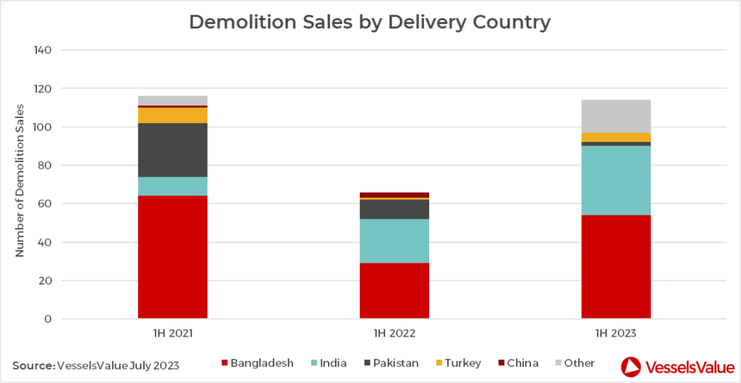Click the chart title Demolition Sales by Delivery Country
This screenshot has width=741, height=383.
[x=370, y=22]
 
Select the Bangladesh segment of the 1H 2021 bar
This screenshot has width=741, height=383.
[x=172, y=257]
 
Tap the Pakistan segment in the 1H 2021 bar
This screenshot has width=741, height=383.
[x=172, y=150]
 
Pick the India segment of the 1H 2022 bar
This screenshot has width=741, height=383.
[x=394, y=240]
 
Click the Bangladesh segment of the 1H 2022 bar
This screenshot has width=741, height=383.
[x=394, y=290]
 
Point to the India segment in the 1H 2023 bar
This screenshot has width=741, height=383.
[x=616, y=180]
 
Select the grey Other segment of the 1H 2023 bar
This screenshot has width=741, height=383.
[x=616, y=116]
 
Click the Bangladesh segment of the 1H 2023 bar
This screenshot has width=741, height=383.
[x=616, y=266]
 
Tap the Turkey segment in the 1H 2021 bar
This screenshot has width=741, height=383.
[x=172, y=115]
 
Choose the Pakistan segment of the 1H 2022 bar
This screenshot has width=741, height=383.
[x=394, y=209]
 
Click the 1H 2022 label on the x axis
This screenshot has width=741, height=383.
[x=394, y=334]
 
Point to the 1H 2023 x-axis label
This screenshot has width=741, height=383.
[x=616, y=334]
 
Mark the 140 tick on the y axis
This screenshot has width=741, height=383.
[x=43, y=50]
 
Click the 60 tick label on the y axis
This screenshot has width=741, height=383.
[x=46, y=203]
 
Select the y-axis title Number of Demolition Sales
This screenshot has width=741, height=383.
[x=20, y=180]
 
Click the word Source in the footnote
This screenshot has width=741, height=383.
[x=33, y=365]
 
